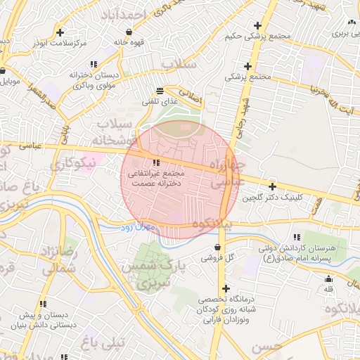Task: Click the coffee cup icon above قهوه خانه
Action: pos(128,32)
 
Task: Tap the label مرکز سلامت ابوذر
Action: pos(60,44)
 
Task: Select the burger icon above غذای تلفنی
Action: pos(160,91)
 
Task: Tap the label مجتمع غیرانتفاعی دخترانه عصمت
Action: pos(156,177)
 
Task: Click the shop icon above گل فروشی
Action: pos(217,247)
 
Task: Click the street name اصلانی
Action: pos(189,96)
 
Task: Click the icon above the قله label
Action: pos(328,278)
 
